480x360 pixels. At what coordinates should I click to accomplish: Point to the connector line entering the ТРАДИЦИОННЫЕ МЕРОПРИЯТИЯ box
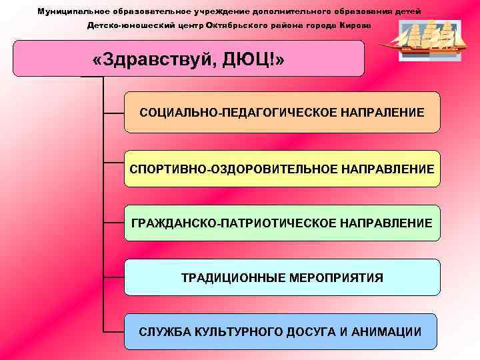click(x=114, y=277)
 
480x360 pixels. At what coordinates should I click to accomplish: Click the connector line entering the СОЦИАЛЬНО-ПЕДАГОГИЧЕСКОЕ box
click(x=114, y=113)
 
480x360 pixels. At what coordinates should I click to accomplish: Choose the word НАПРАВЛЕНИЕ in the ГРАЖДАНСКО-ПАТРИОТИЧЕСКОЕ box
click(x=382, y=223)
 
